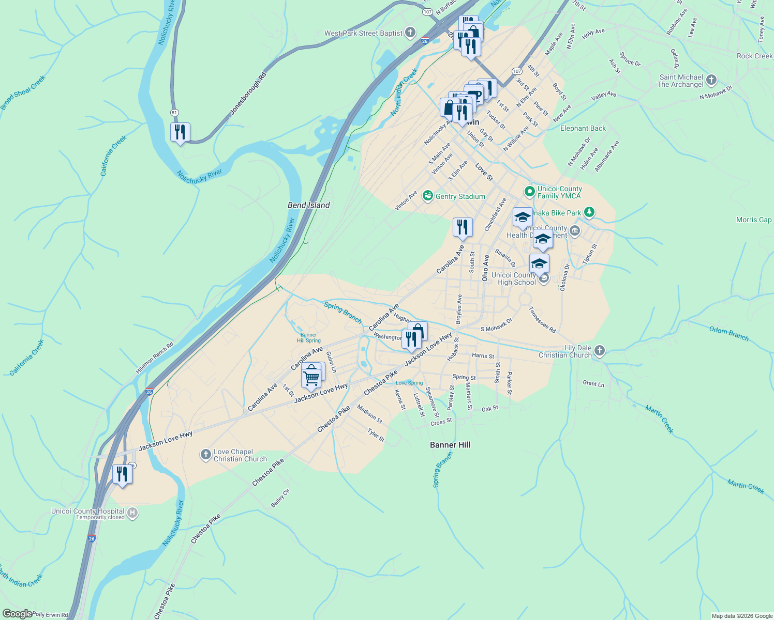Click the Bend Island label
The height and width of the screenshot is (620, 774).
tap(308, 205)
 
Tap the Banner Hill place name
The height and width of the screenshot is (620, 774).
tap(450, 445)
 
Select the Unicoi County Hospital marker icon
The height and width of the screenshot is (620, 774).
tap(132, 513)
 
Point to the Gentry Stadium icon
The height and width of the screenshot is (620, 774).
tap(427, 196)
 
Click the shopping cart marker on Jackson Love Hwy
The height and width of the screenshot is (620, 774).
tap(311, 377)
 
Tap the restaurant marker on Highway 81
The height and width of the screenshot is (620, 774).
tap(180, 133)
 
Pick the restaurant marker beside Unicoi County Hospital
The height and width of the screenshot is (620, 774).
tap(122, 474)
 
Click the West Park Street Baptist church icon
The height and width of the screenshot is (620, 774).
tap(410, 33)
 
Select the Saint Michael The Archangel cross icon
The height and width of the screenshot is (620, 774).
tap(711, 80)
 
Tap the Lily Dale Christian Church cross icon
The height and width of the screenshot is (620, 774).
tap(600, 351)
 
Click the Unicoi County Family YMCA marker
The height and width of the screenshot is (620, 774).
tap(529, 192)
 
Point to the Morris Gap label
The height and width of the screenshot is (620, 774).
tap(753, 220)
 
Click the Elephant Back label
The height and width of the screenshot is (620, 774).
tap(583, 128)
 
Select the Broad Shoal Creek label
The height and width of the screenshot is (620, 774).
tap(23, 92)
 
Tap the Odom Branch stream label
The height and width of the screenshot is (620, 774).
tap(728, 333)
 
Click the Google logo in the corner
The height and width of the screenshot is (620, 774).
tap(17, 614)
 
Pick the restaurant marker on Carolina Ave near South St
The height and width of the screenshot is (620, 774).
tap(462, 228)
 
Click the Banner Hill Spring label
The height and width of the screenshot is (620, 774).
tap(309, 338)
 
